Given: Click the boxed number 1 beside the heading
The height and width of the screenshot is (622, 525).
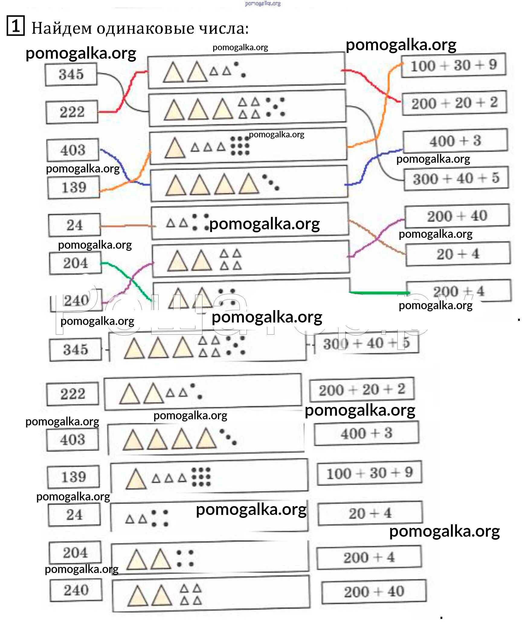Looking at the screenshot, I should (15, 26).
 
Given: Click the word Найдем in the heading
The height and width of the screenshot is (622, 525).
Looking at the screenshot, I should (62, 29).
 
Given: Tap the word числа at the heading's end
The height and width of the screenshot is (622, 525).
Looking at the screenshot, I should (224, 29).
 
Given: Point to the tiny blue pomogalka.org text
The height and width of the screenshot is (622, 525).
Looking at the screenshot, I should (263, 4).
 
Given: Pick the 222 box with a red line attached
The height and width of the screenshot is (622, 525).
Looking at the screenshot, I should (72, 112).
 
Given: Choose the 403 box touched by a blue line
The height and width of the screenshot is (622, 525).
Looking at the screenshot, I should (73, 150).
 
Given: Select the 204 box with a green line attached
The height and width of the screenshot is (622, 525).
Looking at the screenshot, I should (76, 263).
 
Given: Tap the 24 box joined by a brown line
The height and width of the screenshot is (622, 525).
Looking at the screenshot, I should (75, 225).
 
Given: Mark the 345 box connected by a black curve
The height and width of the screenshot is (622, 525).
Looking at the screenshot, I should (71, 74).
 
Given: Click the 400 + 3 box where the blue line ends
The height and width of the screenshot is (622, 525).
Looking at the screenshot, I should (455, 141).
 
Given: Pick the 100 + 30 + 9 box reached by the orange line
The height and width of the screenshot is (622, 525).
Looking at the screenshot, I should (453, 65).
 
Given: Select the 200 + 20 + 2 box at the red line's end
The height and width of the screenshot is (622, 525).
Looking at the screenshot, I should (454, 103).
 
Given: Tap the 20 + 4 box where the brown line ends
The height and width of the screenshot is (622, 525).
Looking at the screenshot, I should (458, 254).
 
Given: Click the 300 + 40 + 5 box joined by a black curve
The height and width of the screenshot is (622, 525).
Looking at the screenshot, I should (456, 178).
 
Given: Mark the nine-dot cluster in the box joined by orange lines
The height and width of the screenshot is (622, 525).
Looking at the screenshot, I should (240, 146).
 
